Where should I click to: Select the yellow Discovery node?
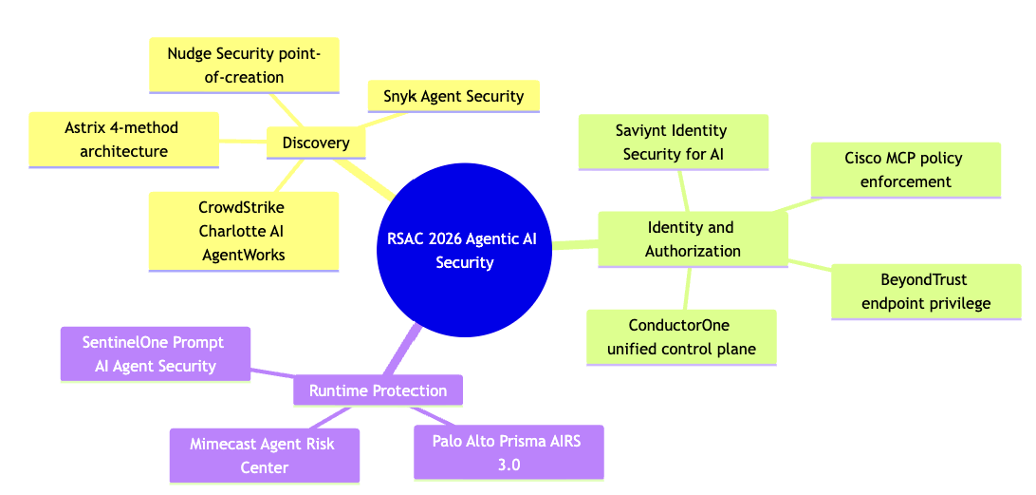pos(316,143)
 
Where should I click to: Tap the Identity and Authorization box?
pos(693,239)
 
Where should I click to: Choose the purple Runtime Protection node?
pos(378,390)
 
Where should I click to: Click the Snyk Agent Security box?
pos(453,96)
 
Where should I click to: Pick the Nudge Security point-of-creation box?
pos(244,65)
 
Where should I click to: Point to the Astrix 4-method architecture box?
pos(123,139)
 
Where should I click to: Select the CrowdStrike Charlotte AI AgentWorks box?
pos(244,231)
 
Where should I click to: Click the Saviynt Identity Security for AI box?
pos(674,142)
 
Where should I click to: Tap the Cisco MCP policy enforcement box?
pos(906,170)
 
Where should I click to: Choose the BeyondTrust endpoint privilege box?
pos(926,292)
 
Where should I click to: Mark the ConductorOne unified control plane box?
pos(681,337)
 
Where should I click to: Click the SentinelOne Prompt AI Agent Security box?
pos(156,354)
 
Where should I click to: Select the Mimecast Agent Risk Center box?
pos(265,455)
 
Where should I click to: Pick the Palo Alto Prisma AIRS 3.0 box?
pos(509,452)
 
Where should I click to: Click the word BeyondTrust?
pos(926,280)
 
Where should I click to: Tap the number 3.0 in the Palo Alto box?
pos(509,465)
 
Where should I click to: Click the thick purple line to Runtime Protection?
pos(399,350)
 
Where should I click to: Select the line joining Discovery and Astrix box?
pos(243,141)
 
